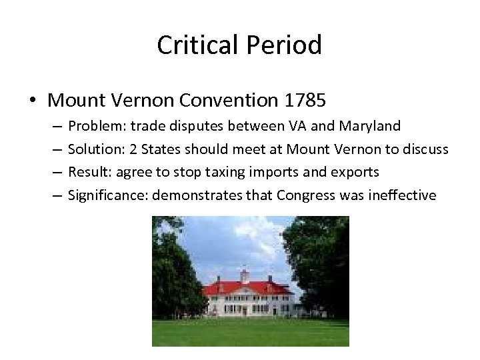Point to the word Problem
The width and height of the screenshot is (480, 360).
[92, 126]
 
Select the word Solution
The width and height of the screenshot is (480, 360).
[93, 149]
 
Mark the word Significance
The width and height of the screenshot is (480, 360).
[103, 195]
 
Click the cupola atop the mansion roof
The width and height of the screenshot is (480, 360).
[244, 273]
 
